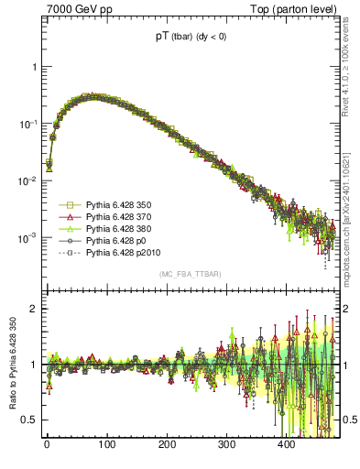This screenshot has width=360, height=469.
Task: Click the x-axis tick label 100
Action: pyautogui.click(x=106, y=445)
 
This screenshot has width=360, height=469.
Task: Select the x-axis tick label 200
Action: pyautogui.click(x=166, y=445)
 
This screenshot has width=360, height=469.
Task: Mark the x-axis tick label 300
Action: pyautogui.click(x=226, y=445)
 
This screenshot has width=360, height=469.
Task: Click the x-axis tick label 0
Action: pyautogui.click(x=47, y=445)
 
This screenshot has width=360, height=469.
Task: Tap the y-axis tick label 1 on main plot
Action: pyautogui.click(x=34, y=68)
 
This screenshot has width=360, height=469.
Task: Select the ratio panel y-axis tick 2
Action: pyautogui.click(x=34, y=309)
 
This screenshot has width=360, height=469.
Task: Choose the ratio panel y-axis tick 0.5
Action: pyautogui.click(x=30, y=420)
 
